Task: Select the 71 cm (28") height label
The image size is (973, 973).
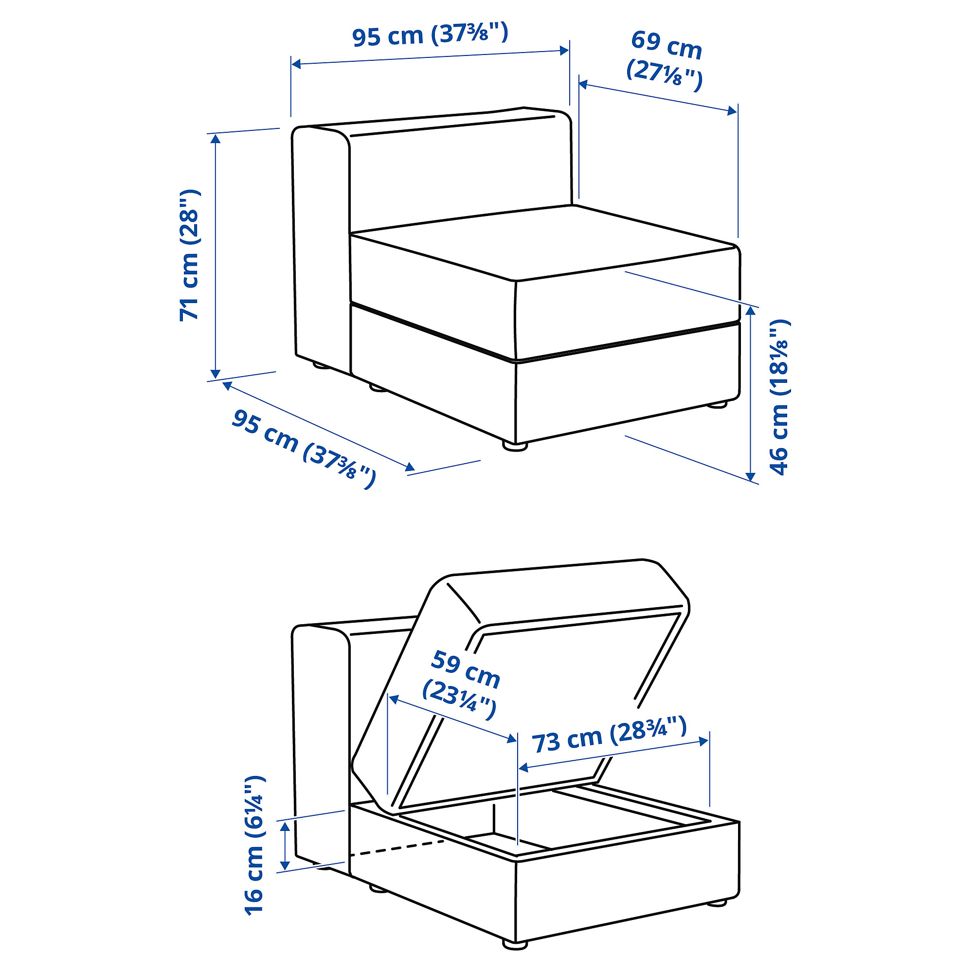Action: point(190,255)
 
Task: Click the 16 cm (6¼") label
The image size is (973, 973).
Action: point(254,846)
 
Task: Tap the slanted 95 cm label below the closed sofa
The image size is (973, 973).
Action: point(304,448)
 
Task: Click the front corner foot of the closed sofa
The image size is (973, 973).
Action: point(515,446)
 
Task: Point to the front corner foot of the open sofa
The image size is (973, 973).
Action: point(515,945)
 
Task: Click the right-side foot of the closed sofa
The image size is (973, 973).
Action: point(716,403)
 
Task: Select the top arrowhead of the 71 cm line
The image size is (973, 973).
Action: point(216,139)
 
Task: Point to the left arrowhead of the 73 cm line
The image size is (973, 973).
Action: point(523,768)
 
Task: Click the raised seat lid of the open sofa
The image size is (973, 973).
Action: point(519,680)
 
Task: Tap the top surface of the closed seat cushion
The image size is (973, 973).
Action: point(544,242)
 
